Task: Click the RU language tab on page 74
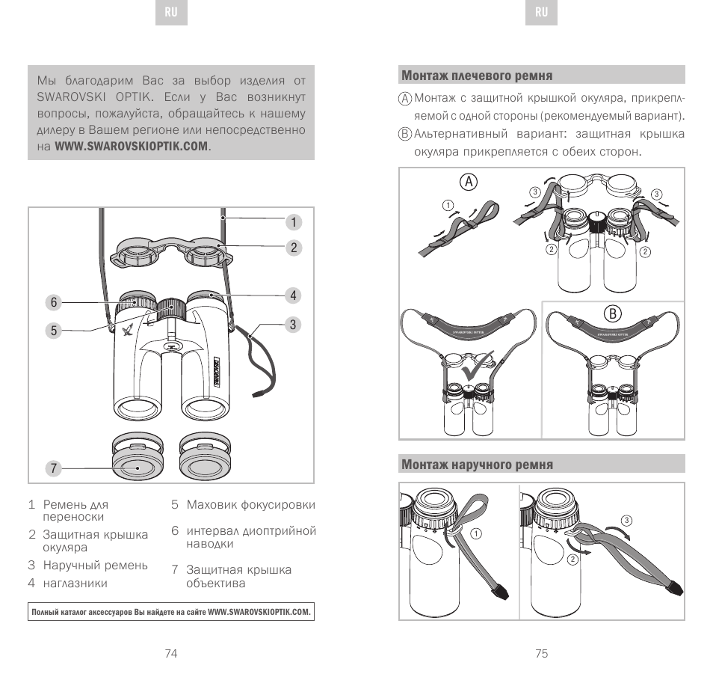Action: point(171,13)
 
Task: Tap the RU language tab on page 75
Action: point(542,13)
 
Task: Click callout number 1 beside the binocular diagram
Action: point(294,222)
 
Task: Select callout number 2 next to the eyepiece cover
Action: point(294,248)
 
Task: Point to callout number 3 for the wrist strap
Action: point(294,325)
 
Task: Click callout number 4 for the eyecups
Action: point(294,295)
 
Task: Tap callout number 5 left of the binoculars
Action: point(54,330)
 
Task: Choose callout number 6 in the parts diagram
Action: point(54,302)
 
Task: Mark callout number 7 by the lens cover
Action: point(54,469)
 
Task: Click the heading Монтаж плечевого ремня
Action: point(477,76)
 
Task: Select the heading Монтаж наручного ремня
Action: point(477,465)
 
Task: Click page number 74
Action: point(171,653)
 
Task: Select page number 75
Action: point(542,653)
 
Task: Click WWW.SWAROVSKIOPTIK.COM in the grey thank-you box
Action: point(132,146)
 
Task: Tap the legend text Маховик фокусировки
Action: point(250,505)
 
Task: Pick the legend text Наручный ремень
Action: point(95,565)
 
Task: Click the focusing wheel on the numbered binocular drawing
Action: point(171,306)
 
